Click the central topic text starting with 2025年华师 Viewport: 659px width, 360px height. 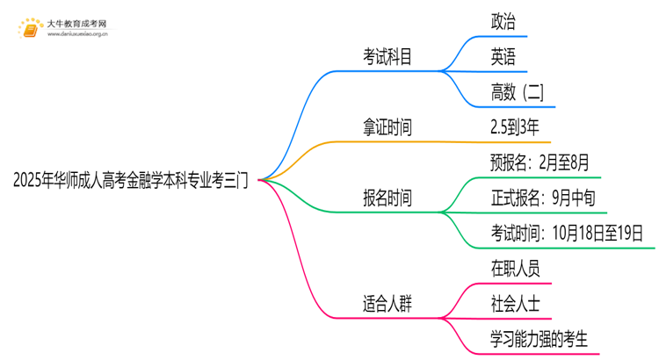(x=131, y=181)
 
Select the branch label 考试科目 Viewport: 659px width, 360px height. (x=387, y=58)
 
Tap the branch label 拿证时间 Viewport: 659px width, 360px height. (x=387, y=128)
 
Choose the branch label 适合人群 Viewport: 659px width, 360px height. (x=387, y=304)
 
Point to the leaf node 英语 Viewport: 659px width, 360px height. (x=503, y=58)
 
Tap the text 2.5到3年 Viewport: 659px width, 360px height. (x=515, y=128)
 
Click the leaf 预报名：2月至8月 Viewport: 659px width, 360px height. (x=539, y=162)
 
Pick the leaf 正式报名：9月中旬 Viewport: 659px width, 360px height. (x=543, y=198)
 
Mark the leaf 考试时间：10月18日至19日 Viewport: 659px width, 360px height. (x=567, y=233)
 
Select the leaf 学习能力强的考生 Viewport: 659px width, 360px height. (x=539, y=339)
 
